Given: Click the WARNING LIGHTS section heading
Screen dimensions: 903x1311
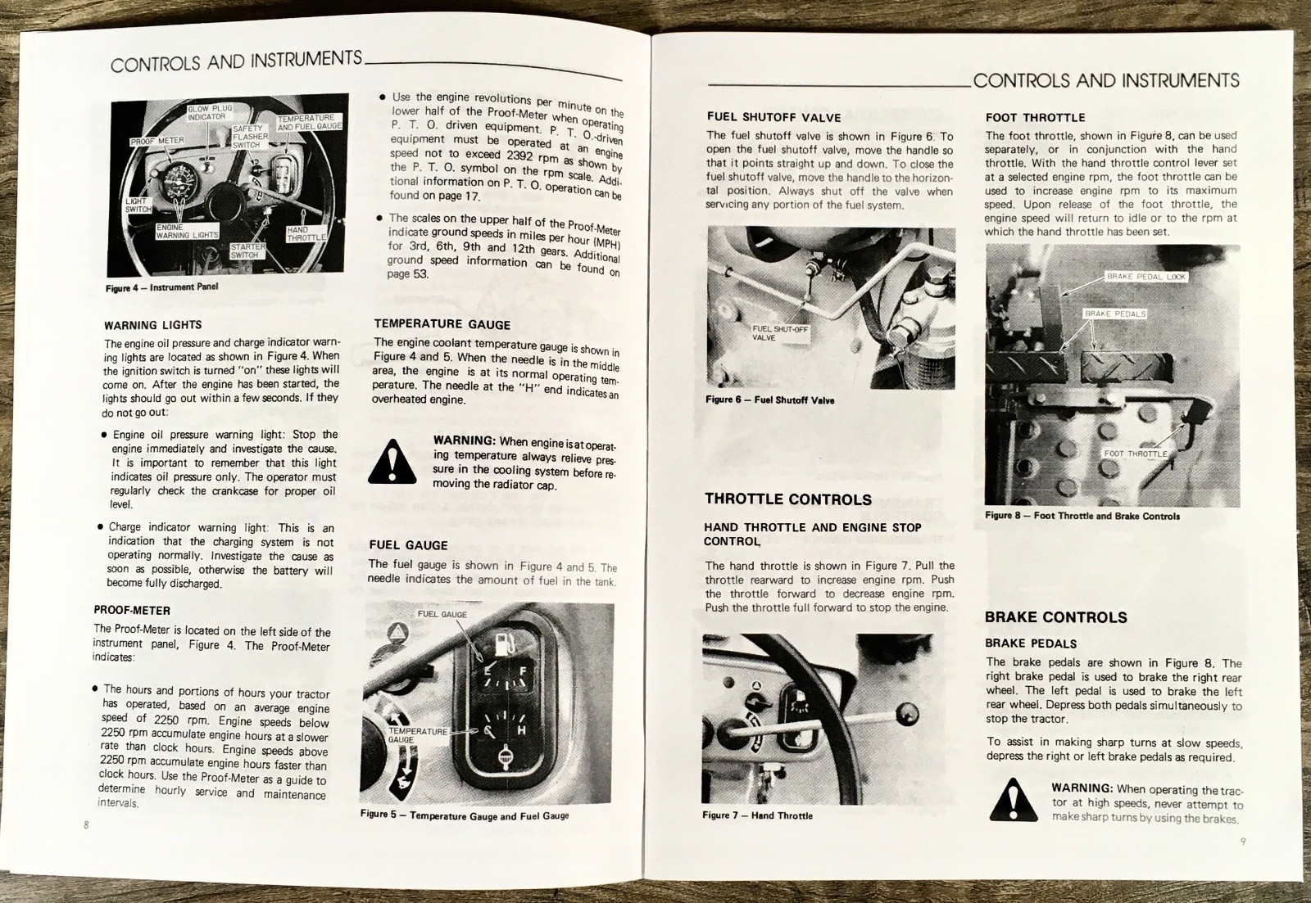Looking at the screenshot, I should [x=152, y=325].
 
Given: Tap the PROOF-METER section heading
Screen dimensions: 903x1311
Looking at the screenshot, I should [x=132, y=610].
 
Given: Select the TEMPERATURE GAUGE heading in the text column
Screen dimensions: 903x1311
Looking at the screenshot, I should [x=442, y=324].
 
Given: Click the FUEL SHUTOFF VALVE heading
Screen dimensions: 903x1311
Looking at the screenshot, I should [x=773, y=117].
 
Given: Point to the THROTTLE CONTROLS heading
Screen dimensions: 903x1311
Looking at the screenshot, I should [x=787, y=499].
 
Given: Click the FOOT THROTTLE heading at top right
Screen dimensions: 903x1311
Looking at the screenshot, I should [x=1035, y=117].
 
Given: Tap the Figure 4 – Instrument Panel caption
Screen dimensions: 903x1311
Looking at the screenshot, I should [x=161, y=287].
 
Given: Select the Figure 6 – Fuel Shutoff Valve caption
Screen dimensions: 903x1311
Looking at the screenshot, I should [x=769, y=400].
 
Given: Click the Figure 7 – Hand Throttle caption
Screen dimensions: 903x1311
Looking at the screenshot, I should [x=757, y=815].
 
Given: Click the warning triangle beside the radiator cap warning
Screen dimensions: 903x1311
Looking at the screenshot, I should [x=392, y=463].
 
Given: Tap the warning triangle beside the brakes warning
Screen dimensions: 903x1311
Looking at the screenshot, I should [x=1013, y=799].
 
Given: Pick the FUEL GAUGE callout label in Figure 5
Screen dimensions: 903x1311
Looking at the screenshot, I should [x=442, y=614].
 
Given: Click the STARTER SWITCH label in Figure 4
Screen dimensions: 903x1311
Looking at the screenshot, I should [x=247, y=251].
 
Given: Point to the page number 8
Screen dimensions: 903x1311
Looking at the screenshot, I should [x=86, y=824].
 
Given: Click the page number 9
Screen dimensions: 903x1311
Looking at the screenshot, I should [x=1243, y=841].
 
